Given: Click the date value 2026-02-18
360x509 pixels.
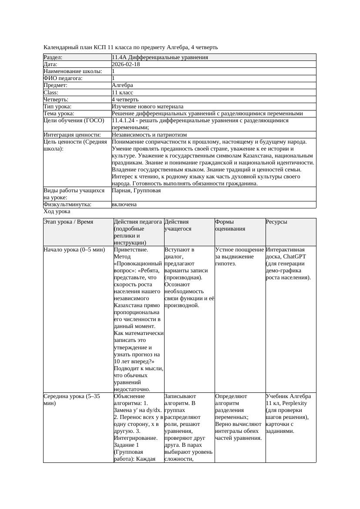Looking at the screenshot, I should pyautogui.click(x=126, y=64).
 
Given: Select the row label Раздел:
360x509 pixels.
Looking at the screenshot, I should pyautogui.click(x=53, y=57).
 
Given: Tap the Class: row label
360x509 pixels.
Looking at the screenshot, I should pyautogui.click(x=51, y=93).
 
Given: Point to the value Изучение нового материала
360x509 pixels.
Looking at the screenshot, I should pyautogui.click(x=148, y=107).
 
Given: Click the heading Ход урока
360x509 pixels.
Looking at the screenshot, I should pyautogui.click(x=57, y=211).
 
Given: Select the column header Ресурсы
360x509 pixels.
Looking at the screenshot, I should pyautogui.click(x=276, y=222).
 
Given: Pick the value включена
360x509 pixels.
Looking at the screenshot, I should pyautogui.click(x=124, y=204).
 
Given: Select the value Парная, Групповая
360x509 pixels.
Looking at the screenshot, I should pyautogui.click(x=136, y=191).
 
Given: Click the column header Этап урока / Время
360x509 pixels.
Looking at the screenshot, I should pyautogui.click(x=68, y=222).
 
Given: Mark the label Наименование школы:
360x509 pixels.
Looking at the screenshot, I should pyautogui.click(x=73, y=71).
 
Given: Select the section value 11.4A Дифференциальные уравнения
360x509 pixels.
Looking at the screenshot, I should pyautogui.click(x=160, y=57).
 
